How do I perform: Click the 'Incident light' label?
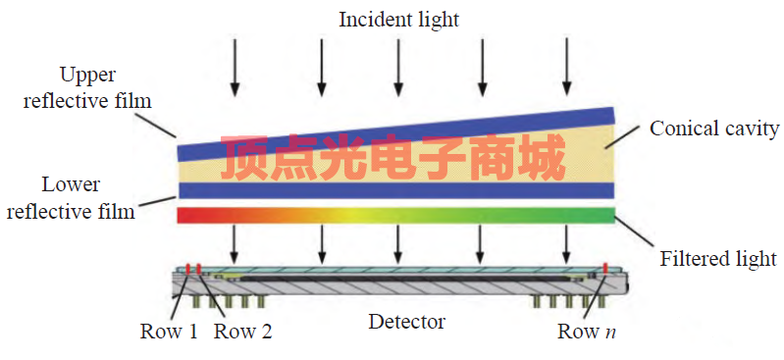(x=397, y=20)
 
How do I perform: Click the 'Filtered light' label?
(x=717, y=259)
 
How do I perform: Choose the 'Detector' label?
(x=406, y=321)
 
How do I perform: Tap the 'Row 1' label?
(x=170, y=331)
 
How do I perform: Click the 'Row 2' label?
(x=242, y=331)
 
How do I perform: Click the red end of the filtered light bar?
(x=186, y=215)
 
